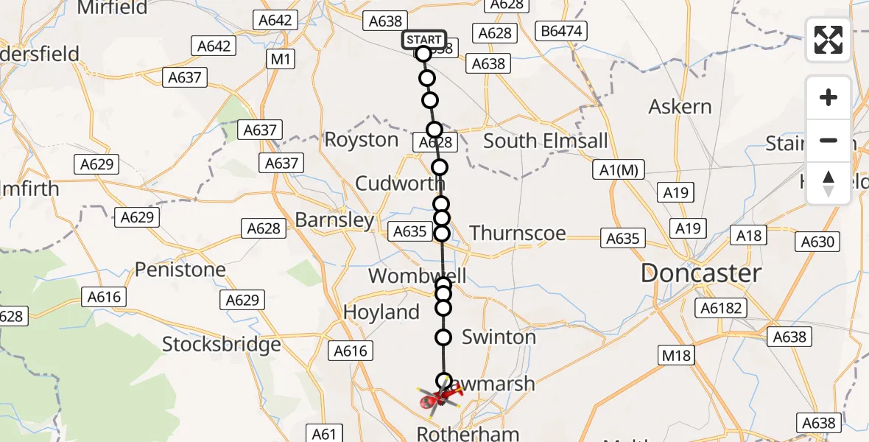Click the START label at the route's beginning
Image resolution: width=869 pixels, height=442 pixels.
click(424, 40)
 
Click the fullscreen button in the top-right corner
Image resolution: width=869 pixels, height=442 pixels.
click(828, 40)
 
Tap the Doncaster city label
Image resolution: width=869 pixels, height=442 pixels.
click(700, 274)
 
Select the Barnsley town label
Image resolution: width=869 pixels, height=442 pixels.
click(334, 220)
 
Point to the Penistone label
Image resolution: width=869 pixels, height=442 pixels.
click(180, 270)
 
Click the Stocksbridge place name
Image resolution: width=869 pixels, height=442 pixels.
click(222, 344)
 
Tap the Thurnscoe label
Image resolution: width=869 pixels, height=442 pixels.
click(518, 234)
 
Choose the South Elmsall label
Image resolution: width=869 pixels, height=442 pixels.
click(545, 141)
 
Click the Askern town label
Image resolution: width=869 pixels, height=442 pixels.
click(680, 107)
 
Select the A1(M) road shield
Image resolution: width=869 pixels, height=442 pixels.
click(619, 170)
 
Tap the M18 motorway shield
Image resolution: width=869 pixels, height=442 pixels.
click(676, 356)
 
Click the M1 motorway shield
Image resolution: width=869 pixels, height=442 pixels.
click(281, 59)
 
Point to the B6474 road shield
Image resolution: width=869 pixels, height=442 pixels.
click(560, 31)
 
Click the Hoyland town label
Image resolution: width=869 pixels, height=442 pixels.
click(381, 312)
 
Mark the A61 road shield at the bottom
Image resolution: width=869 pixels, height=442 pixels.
click(324, 434)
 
